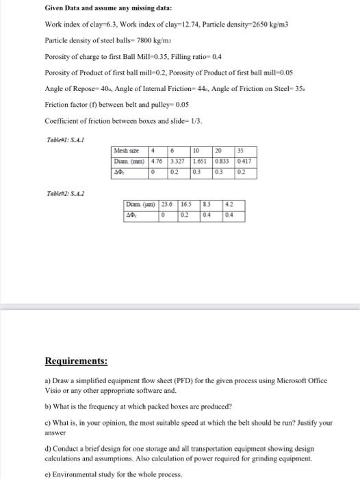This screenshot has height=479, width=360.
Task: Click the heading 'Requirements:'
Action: pos(76,361)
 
